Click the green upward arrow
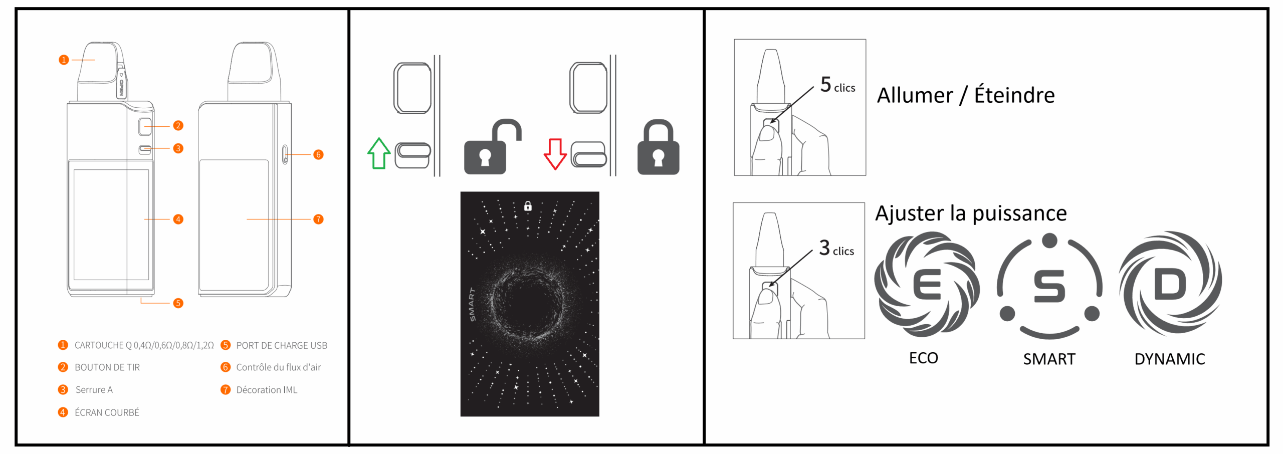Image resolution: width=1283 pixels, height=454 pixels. pos(379,153)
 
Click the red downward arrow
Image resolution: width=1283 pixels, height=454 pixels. pos(555,154)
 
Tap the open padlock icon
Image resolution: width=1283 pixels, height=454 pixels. pos(493,146)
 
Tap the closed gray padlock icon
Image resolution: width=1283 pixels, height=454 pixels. pos(658,147)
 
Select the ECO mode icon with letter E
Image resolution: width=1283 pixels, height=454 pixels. pos(927,284)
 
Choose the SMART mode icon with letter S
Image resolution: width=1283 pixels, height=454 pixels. pos(1049,286)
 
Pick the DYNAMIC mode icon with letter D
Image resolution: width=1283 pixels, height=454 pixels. pos(1170,284)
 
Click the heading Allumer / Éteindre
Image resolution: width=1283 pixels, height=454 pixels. pos(966,95)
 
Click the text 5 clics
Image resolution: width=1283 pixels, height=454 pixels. pos(837,85)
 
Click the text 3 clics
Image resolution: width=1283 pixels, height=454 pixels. pos(836,248)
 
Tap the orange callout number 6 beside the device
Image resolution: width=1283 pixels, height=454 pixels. pos(318,154)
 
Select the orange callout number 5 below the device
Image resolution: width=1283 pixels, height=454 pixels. pos(178,303)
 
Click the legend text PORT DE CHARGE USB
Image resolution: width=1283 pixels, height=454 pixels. pos(282,345)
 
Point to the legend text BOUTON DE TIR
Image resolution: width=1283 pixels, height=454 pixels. pos(107,367)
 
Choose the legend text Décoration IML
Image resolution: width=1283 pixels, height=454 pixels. pos(267,390)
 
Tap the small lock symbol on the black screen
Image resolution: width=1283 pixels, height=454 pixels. pos(528,206)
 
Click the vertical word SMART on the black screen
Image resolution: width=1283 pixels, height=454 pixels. pos(472,305)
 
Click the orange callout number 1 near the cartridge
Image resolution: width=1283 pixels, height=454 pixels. pos(64,60)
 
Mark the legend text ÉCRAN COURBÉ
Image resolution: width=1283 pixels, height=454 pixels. pos(107,412)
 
